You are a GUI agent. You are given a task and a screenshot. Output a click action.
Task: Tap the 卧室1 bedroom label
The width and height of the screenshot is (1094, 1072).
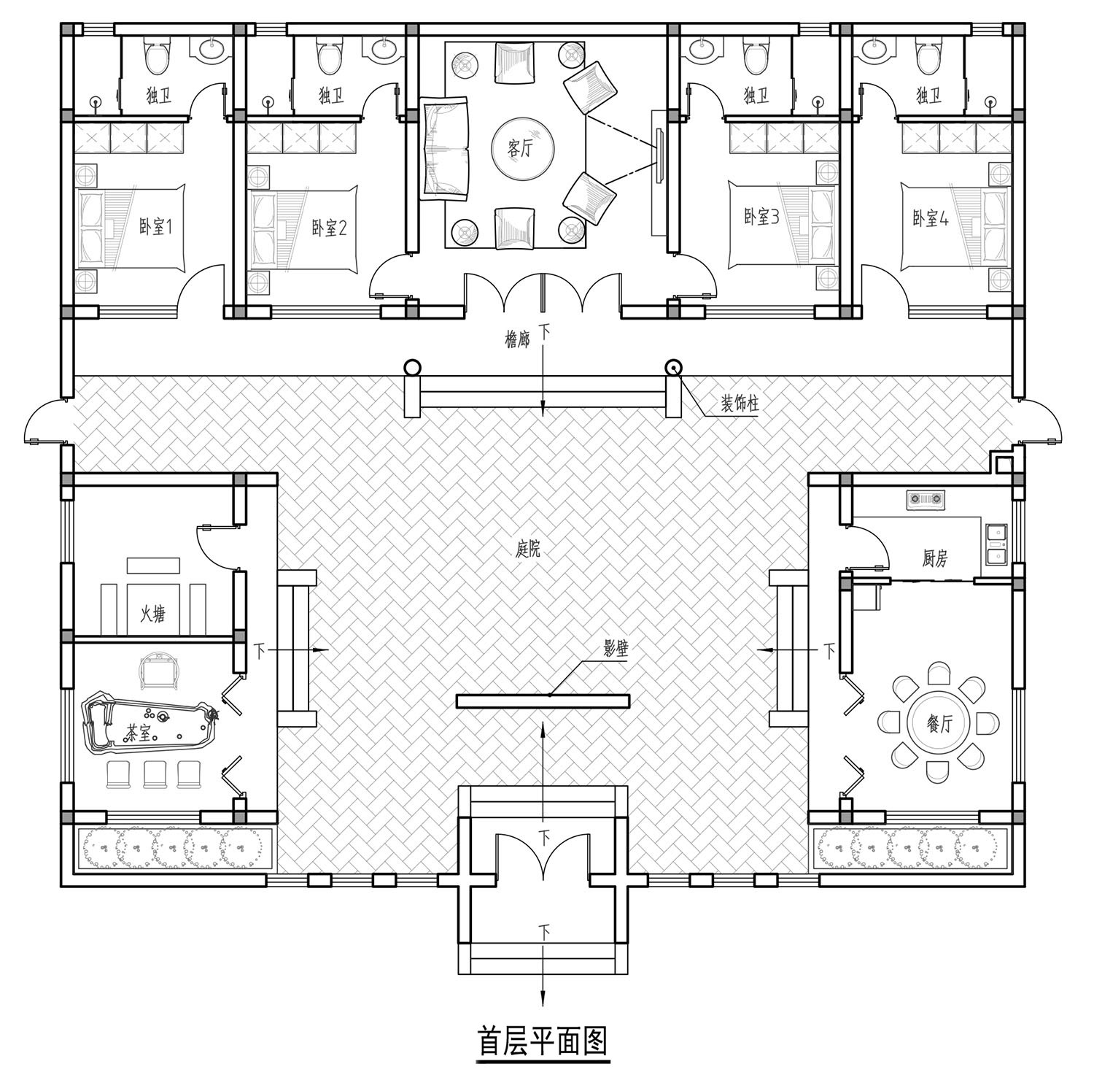155,227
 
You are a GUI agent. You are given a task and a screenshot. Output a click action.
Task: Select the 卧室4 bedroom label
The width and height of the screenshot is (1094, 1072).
931,217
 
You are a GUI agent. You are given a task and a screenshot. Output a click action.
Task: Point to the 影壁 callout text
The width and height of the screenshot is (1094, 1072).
616,648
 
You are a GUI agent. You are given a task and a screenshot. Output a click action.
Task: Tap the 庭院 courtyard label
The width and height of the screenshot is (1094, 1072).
528,549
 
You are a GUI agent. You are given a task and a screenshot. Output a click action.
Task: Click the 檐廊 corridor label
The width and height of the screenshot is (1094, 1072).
517,339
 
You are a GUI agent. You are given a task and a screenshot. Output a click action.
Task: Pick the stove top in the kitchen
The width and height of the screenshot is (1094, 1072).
926,499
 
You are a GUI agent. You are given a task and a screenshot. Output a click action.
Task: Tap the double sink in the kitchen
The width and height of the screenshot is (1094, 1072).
996,544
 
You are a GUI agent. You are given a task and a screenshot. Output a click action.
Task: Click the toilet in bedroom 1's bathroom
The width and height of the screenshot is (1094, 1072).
157,55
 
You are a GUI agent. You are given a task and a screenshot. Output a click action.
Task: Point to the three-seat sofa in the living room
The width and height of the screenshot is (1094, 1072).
445,150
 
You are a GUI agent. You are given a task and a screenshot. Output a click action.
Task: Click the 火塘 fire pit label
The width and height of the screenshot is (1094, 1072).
152,614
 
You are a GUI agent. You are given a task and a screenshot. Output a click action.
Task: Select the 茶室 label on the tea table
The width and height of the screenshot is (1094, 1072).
138,733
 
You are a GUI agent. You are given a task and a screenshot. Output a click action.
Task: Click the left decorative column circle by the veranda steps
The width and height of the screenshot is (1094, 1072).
413,368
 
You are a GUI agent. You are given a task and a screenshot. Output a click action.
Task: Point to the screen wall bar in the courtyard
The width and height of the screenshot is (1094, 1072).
543,701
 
